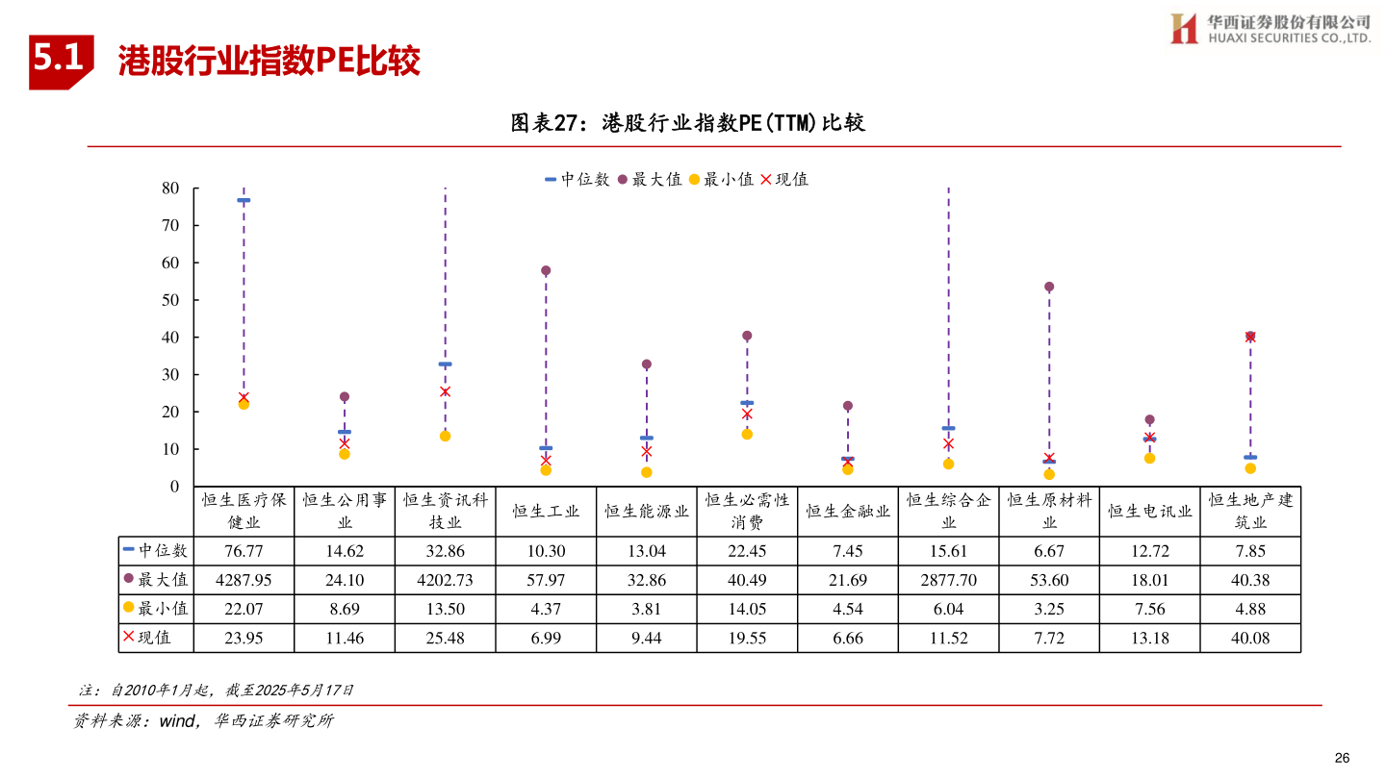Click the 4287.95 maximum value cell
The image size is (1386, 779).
[x=244, y=580]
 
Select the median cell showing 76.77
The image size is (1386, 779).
[x=244, y=551]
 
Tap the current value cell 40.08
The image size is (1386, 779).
[x=1250, y=638]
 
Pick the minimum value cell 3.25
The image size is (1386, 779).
[x=1049, y=609]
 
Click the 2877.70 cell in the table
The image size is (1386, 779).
[x=948, y=580]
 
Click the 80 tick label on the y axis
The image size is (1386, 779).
[x=170, y=188]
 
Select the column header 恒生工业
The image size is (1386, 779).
[x=546, y=512]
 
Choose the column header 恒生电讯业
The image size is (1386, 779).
[x=1150, y=512]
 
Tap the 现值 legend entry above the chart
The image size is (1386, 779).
[x=784, y=180]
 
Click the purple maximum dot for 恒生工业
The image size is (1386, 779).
[x=546, y=271]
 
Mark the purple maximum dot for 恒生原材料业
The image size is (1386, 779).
[x=1049, y=287]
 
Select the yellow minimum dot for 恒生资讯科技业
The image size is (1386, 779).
[x=445, y=436]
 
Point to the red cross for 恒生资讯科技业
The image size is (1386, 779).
[x=445, y=391]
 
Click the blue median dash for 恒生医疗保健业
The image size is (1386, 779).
[x=244, y=200]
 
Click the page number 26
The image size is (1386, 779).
[x=1343, y=756]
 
